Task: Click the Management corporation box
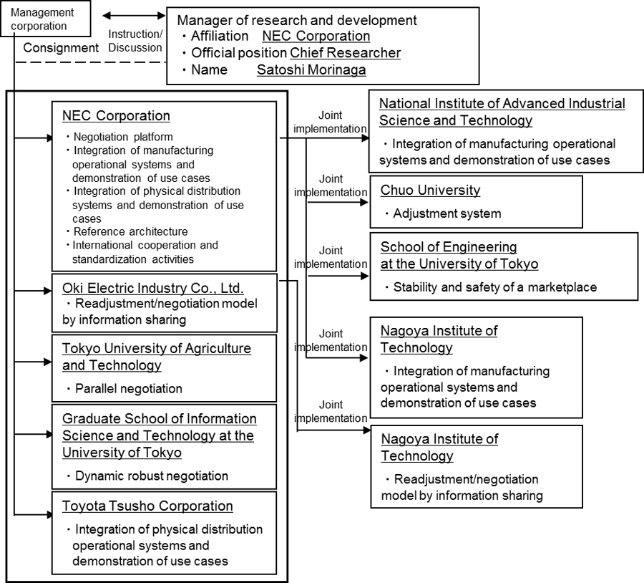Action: (45, 19)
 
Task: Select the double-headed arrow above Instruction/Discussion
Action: (134, 16)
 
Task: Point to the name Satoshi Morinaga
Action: (311, 70)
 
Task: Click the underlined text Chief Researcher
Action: (345, 52)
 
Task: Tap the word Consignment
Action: (61, 48)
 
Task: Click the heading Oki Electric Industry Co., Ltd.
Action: (153, 288)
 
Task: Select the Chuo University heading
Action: (430, 190)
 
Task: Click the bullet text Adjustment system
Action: (443, 213)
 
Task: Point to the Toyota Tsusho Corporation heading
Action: (147, 506)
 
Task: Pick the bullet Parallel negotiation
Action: (125, 388)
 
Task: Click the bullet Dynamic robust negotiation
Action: (147, 476)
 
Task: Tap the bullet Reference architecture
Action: (127, 231)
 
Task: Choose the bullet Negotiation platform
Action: (120, 137)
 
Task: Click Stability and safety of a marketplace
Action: (491, 287)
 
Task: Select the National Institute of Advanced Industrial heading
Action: (502, 103)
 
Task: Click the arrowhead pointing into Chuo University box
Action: (364, 202)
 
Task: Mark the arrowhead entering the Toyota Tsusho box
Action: (49, 515)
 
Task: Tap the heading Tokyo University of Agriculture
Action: (157, 348)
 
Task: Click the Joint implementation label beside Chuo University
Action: (331, 185)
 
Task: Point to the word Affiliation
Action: (220, 37)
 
